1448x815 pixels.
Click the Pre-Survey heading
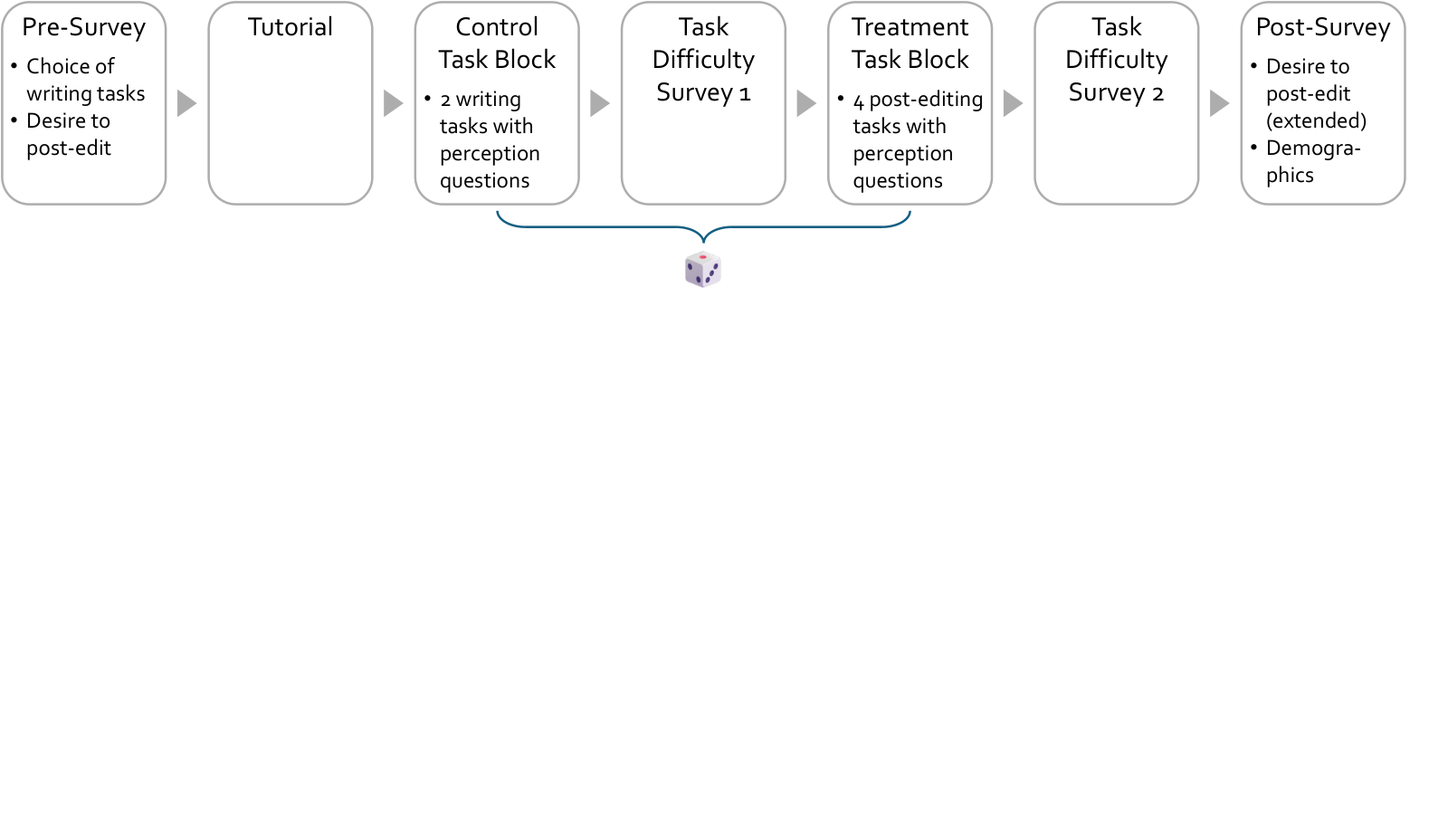84,28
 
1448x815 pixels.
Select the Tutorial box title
291,27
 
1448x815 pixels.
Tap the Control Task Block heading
497,43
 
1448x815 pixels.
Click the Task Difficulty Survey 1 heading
703,60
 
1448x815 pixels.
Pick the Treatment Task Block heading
910,43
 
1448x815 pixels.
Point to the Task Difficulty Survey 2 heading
1117,60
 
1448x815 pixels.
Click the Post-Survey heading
1323,28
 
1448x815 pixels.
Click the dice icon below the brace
703,269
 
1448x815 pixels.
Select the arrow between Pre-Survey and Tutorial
186,103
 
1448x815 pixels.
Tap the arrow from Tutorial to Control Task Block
393,103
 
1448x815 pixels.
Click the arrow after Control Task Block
600,103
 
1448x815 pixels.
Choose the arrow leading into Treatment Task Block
806,103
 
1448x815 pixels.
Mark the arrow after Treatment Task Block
1013,103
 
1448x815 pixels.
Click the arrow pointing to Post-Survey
1219,103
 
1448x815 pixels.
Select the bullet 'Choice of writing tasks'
85,80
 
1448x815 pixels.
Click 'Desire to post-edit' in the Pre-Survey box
69,135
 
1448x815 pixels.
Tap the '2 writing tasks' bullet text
486,112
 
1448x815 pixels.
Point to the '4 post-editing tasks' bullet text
918,112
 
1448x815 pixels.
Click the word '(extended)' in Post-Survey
1316,121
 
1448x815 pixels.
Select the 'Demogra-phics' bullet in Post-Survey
1313,162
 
